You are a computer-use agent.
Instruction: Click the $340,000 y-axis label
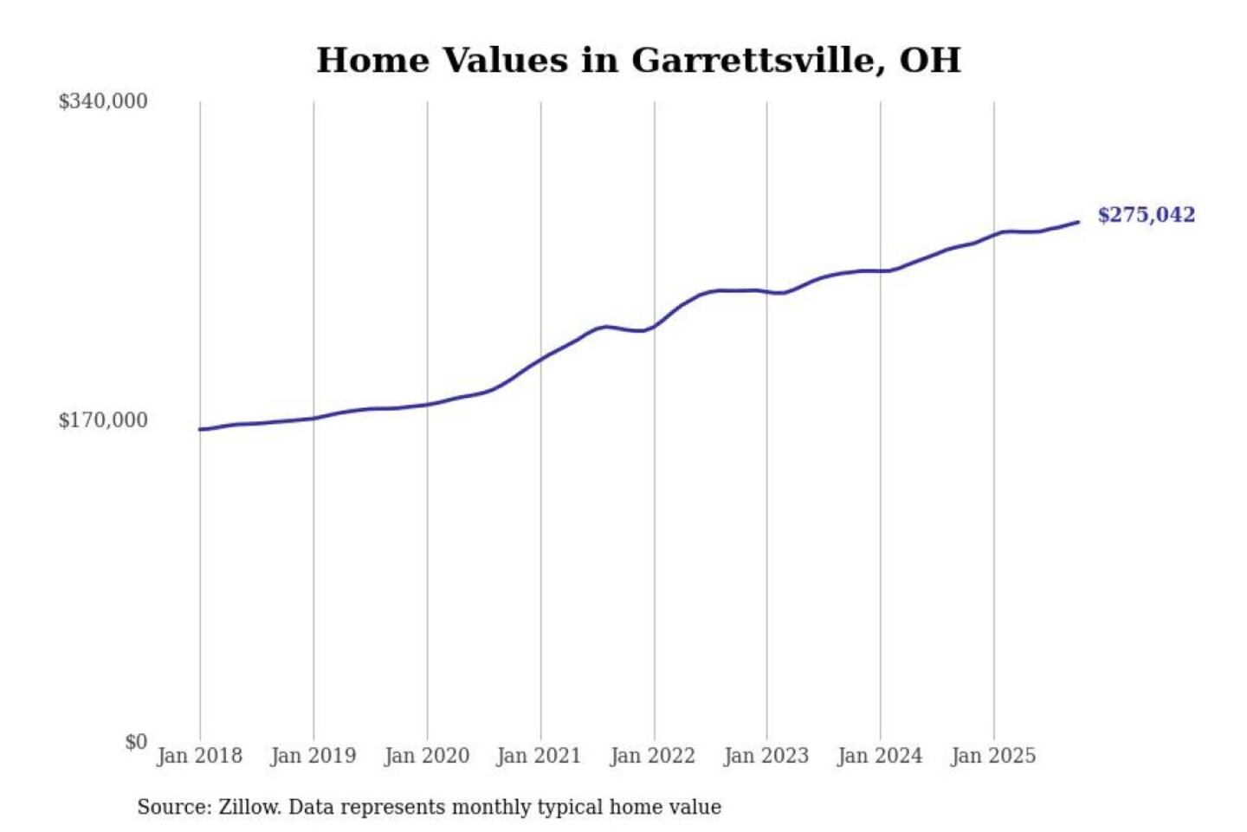point(103,101)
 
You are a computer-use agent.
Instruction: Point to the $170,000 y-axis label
point(103,420)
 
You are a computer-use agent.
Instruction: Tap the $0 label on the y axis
point(136,742)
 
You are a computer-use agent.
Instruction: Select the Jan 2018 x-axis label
point(199,756)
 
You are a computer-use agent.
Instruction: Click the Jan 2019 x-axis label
point(313,756)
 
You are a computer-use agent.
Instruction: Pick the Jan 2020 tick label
point(426,756)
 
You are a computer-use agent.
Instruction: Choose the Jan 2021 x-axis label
point(539,756)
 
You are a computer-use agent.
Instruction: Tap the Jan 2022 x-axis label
point(652,756)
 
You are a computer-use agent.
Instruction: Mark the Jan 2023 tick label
point(766,756)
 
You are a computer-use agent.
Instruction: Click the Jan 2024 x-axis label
point(879,756)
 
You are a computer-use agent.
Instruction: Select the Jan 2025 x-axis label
point(992,756)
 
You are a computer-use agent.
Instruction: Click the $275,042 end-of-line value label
point(1146,215)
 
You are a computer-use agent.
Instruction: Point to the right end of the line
point(1078,223)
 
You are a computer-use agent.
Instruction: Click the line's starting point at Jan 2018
point(200,429)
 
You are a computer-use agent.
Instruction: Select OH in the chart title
point(930,61)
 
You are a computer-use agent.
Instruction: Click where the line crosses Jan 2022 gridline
point(655,327)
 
